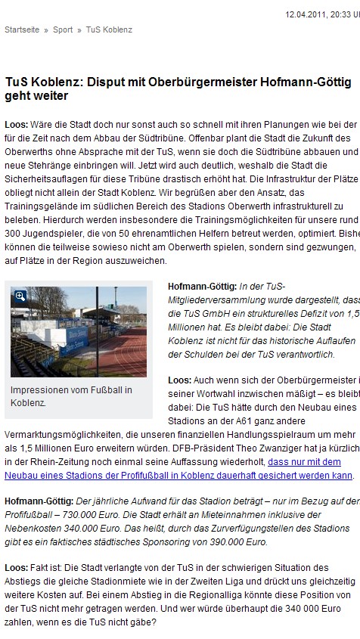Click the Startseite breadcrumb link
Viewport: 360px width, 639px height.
(x=21, y=29)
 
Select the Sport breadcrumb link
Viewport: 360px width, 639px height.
(x=64, y=29)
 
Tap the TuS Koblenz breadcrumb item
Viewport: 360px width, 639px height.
(x=109, y=29)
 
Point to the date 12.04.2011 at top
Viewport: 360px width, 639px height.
(x=307, y=14)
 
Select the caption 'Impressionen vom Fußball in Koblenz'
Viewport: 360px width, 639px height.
(x=71, y=395)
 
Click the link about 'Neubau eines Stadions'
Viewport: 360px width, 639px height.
(x=178, y=475)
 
